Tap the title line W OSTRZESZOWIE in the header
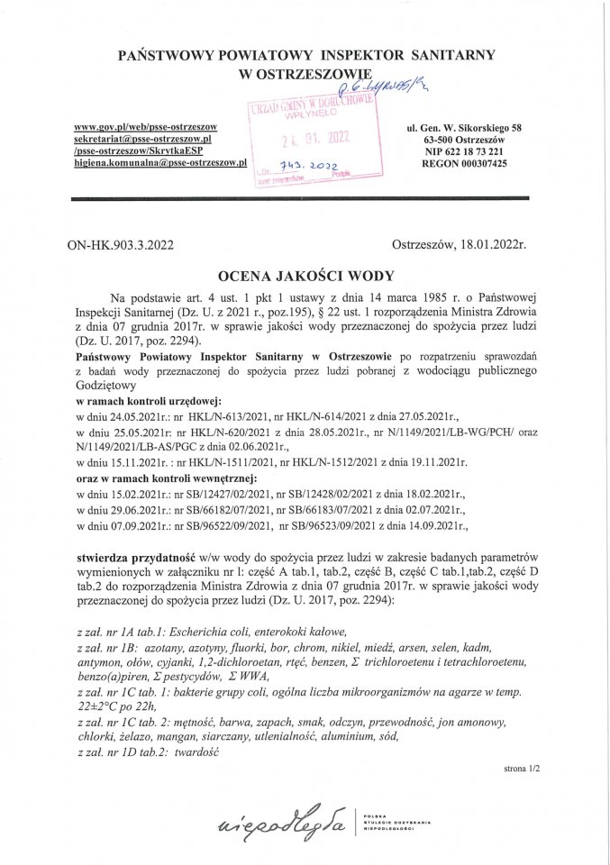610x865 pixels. (x=305, y=76)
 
